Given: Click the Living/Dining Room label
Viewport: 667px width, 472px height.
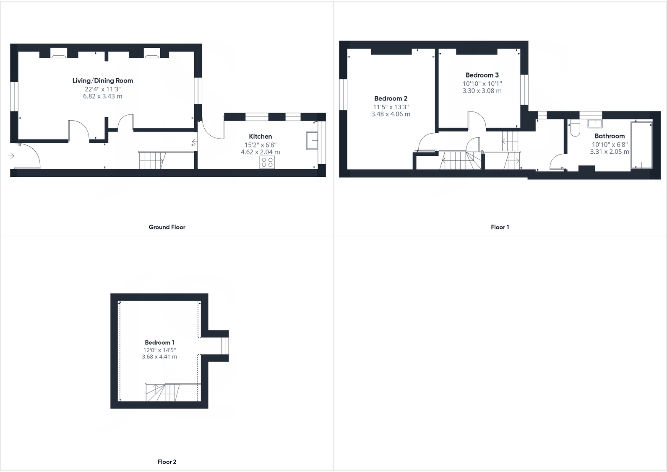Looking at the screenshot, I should (x=102, y=81).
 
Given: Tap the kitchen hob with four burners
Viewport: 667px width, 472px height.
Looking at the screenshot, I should (x=267, y=162).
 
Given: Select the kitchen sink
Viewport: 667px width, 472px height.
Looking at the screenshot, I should (x=312, y=140).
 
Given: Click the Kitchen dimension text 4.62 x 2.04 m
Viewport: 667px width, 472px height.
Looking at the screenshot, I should (x=260, y=152).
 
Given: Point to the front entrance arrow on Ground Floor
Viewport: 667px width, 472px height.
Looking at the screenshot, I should (x=11, y=156).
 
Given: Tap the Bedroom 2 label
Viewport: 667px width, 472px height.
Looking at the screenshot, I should (x=391, y=99).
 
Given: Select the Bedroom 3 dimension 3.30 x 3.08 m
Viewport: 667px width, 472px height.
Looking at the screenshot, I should (x=482, y=91).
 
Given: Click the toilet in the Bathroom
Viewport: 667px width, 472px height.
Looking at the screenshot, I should (x=574, y=128).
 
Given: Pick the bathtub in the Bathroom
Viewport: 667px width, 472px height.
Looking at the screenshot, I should (x=641, y=144).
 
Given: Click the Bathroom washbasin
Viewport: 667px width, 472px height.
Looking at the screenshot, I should (x=594, y=123).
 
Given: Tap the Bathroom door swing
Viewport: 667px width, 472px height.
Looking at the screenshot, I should (x=558, y=162).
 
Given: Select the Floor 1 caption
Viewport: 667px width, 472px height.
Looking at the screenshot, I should (x=500, y=227).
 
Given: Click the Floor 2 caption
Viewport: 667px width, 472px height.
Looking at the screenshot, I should (x=167, y=462).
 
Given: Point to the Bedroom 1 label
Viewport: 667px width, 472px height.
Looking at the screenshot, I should (x=159, y=343).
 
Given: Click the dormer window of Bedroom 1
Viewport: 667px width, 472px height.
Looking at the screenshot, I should (x=225, y=346).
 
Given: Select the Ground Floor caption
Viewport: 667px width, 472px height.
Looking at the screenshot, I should (x=167, y=227).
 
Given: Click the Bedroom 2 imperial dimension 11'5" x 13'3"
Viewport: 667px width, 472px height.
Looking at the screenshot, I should (x=391, y=107).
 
